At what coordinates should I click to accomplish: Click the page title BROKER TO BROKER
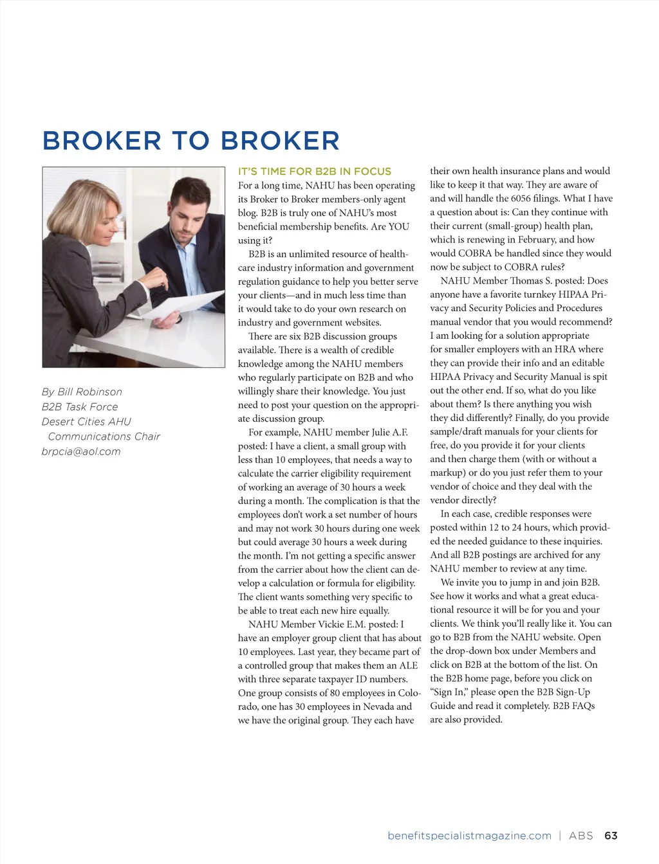click(191, 141)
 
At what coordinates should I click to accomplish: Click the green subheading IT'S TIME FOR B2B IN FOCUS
click(315, 172)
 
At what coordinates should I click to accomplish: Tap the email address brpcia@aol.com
click(81, 451)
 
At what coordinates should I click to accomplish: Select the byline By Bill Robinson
click(82, 392)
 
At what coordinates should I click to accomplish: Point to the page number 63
click(611, 836)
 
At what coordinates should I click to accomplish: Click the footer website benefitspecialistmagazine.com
click(469, 836)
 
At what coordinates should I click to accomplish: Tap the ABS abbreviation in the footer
click(580, 836)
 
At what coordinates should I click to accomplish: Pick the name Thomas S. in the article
click(546, 281)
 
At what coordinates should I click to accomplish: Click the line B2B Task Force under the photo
click(80, 407)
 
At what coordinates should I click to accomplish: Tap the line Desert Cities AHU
click(86, 422)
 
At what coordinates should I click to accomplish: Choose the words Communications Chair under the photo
click(104, 437)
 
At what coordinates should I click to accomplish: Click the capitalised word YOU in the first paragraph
click(398, 227)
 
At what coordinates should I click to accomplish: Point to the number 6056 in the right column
click(521, 199)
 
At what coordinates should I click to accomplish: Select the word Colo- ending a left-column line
click(409, 693)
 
